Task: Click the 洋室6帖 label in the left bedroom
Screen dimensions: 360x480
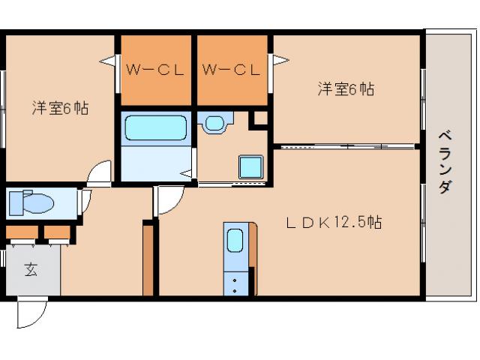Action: pyautogui.click(x=60, y=108)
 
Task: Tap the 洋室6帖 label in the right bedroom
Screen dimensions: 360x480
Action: pyautogui.click(x=346, y=89)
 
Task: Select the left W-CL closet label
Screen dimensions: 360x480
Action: pyautogui.click(x=155, y=71)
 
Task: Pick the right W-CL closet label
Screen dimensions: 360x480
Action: pyautogui.click(x=231, y=71)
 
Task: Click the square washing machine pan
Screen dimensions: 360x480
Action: pyautogui.click(x=250, y=166)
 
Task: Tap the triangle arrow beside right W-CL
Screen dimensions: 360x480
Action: pyautogui.click(x=280, y=59)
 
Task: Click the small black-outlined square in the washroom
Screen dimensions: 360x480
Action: pyautogui.click(x=259, y=118)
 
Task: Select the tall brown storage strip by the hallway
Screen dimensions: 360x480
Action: pyautogui.click(x=148, y=258)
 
